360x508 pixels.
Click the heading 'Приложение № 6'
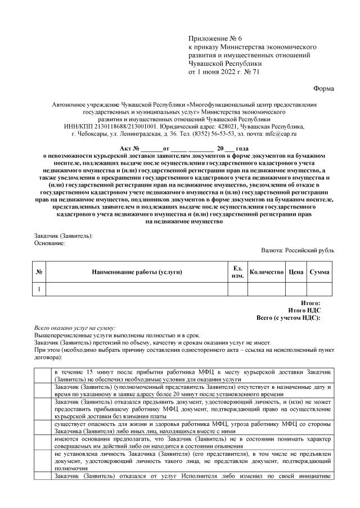point(213,37)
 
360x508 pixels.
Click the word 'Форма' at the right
point(323,89)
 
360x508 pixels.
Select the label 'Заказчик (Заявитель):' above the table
point(64,236)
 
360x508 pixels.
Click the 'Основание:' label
point(51,243)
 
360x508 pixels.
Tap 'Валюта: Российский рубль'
point(298,250)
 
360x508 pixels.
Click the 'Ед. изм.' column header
point(237,272)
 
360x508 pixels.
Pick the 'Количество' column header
point(266,272)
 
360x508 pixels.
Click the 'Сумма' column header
point(319,272)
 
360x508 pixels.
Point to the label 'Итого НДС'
point(304,310)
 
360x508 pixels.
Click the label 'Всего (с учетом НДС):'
point(289,317)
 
